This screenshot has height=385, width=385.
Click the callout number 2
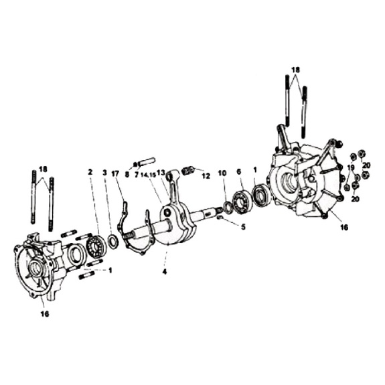[90, 172]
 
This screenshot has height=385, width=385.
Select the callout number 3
[105, 173]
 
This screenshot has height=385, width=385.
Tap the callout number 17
[115, 173]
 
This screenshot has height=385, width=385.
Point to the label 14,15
[149, 175]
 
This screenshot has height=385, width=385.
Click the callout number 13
[161, 173]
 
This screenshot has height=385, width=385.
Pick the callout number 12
[206, 176]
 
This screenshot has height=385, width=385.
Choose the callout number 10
[222, 173]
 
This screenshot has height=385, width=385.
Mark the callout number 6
[238, 171]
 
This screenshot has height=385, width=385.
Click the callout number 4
[165, 272]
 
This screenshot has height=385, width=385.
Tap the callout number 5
[243, 227]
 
